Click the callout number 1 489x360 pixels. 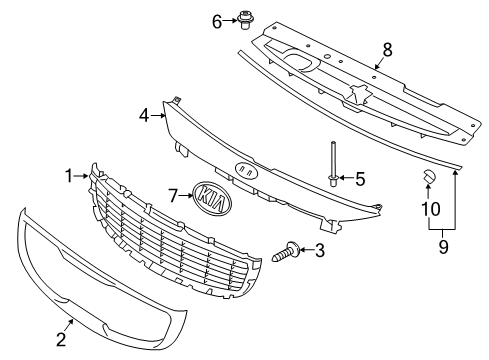click(69, 176)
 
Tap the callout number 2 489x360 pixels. click(61, 339)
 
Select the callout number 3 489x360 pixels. click(320, 250)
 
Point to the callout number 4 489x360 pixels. click(144, 116)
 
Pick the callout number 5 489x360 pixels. click(360, 179)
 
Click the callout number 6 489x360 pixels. click(217, 22)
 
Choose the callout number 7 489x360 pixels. click(172, 195)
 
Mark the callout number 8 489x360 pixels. click(387, 50)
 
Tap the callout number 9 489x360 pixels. click(443, 247)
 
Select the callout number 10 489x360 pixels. click(431, 209)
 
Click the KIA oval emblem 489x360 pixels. click(212, 198)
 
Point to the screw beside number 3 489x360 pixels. click(286, 252)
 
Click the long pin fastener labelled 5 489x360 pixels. click(333, 164)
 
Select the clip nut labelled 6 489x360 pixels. click(244, 21)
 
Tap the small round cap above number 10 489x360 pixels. click(428, 176)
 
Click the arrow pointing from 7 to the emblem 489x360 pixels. click(185, 196)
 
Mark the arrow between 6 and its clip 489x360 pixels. click(230, 21)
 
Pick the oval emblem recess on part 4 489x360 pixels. click(246, 170)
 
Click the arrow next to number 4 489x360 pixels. click(158, 115)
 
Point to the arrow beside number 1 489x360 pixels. click(81, 176)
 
